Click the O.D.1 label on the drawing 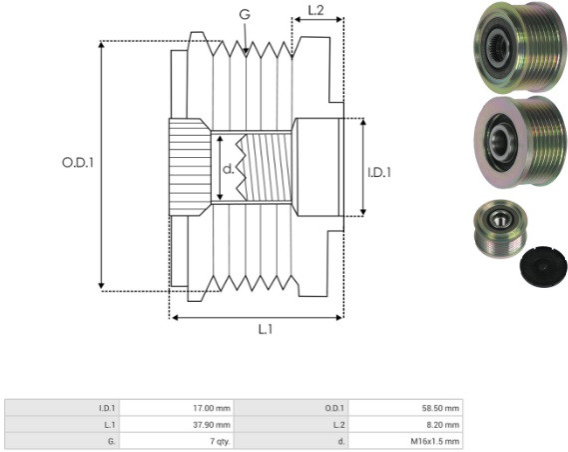pos(78,163)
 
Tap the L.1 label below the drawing pos(266,329)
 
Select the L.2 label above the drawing pos(315,11)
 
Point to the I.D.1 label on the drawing pos(379,172)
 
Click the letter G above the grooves pos(245,14)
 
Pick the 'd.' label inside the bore pos(228,168)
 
